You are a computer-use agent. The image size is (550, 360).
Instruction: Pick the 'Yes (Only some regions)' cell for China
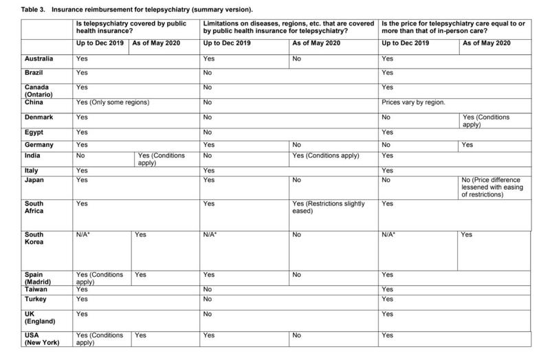[112, 103]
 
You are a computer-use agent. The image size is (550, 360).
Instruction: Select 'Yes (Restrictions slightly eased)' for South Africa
[328, 207]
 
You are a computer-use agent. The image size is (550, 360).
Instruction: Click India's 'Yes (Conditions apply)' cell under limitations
[326, 156]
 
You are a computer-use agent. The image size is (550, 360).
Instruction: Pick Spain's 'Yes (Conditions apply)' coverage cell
[99, 278]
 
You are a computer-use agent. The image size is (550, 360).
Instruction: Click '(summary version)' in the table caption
[215, 10]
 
